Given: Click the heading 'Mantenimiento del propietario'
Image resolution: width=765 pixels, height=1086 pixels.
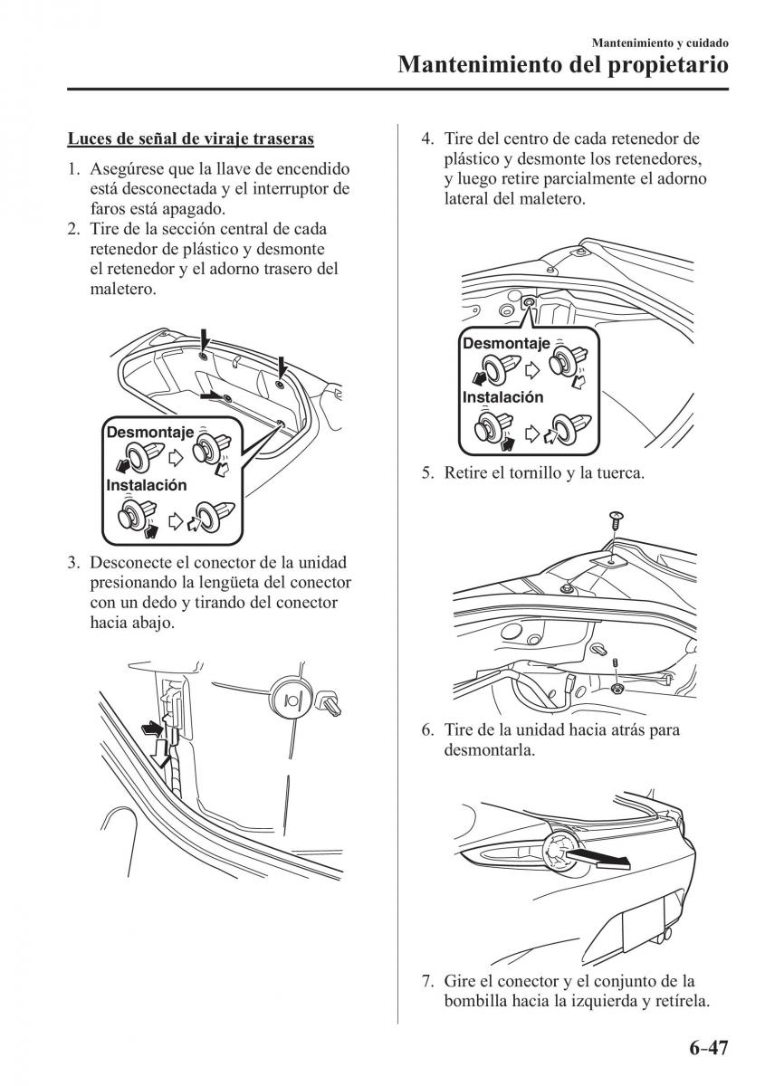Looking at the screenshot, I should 563,65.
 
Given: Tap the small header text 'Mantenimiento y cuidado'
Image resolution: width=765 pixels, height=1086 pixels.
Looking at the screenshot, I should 660,43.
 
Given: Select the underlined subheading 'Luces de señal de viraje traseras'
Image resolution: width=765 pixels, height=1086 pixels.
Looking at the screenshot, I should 191,139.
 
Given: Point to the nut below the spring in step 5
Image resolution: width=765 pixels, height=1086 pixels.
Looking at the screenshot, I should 617,690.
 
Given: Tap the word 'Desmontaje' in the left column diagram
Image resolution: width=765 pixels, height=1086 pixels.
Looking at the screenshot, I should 149,433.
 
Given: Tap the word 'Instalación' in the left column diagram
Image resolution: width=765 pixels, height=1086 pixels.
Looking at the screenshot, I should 147,485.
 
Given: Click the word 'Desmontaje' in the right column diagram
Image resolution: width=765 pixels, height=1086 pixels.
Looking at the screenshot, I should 506,344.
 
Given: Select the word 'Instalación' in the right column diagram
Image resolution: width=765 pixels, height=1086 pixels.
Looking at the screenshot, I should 503,396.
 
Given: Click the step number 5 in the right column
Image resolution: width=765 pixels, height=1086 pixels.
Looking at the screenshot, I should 426,473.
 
